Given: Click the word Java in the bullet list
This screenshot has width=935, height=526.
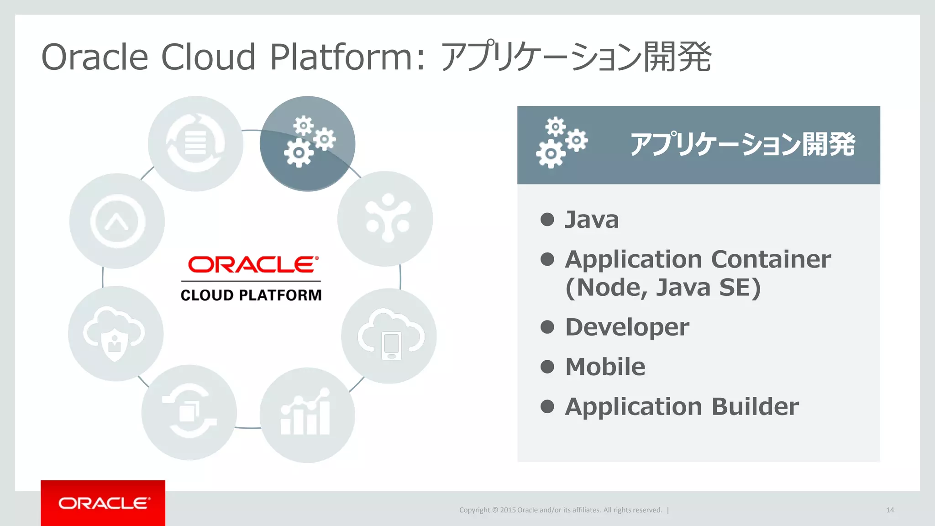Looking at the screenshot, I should [x=592, y=220].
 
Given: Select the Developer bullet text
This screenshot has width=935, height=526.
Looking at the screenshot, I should [x=627, y=327].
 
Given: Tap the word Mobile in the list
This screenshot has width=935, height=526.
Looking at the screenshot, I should [x=605, y=367].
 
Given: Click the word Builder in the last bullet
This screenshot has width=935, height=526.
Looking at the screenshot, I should [x=755, y=406].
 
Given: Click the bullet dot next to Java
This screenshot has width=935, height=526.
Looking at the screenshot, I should [x=547, y=220].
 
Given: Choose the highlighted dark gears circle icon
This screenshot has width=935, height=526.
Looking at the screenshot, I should [x=308, y=143].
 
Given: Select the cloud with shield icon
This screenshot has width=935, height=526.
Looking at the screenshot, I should [x=116, y=334].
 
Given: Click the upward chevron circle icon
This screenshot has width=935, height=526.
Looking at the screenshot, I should [x=117, y=221].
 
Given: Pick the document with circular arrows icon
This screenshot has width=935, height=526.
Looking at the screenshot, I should [x=195, y=143].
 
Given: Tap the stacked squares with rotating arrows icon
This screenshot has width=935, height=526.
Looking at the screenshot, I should [x=189, y=412].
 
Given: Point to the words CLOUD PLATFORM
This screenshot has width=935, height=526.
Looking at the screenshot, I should [x=251, y=295].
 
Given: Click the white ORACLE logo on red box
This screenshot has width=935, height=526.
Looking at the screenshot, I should [x=103, y=503].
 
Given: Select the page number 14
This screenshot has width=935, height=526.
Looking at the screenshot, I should [x=890, y=510].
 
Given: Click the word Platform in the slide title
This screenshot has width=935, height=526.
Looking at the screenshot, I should [x=341, y=57].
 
